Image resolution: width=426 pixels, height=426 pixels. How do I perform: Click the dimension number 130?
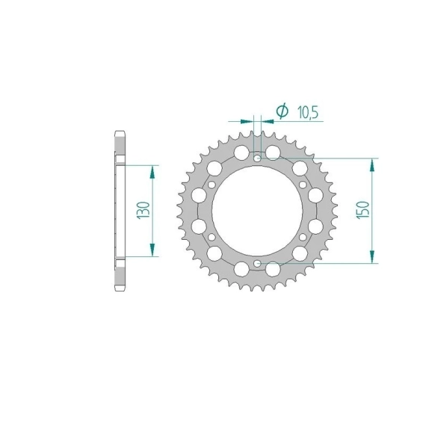(144, 210)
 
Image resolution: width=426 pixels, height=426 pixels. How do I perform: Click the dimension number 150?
(364, 210)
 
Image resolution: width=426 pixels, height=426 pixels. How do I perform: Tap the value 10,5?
(308, 112)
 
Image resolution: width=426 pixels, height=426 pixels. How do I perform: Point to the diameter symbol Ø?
(283, 111)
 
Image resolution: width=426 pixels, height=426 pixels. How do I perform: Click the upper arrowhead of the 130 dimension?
(152, 172)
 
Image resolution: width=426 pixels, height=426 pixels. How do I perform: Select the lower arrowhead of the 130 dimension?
(152, 250)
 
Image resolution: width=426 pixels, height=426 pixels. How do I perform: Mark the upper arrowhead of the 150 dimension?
(372, 165)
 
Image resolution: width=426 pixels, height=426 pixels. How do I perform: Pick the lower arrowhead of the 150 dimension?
(372, 256)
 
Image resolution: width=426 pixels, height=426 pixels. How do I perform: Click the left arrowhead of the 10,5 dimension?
(247, 121)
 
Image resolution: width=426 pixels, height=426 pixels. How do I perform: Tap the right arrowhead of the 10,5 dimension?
(268, 121)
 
